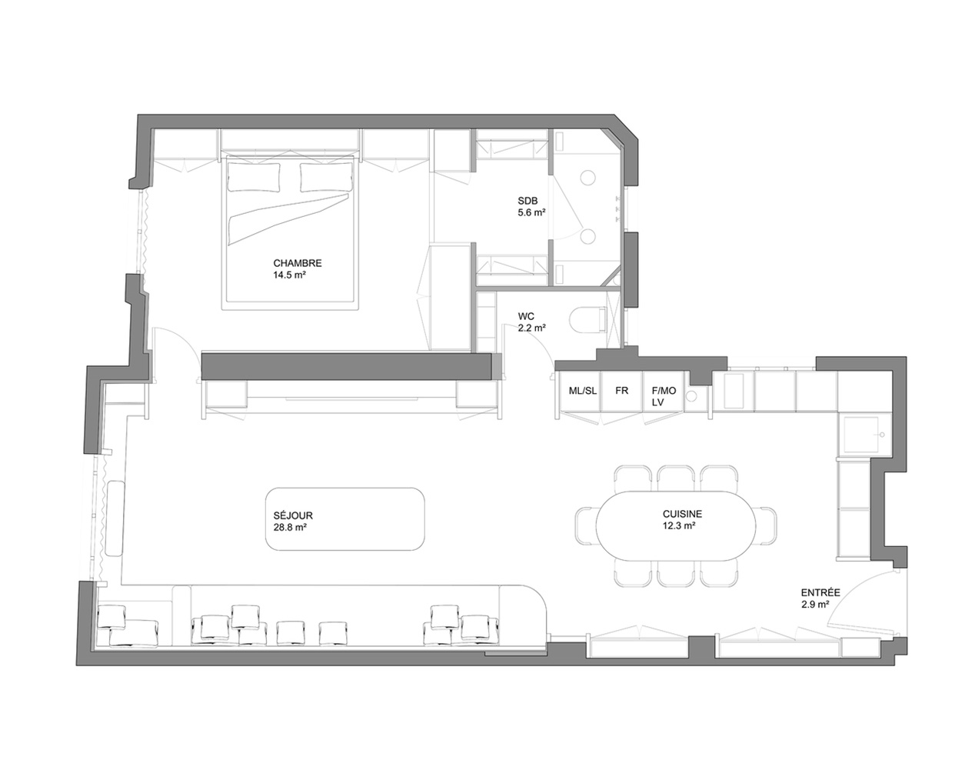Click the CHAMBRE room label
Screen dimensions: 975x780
click(x=298, y=263)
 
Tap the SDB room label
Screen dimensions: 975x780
click(x=527, y=201)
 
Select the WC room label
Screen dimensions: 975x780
click(x=526, y=316)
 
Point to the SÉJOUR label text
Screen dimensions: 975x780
click(x=293, y=515)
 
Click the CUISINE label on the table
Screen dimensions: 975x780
click(x=682, y=514)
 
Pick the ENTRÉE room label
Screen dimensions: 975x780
click(x=820, y=592)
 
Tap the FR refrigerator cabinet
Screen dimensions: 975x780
click(x=621, y=391)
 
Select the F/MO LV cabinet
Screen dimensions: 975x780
click(x=664, y=391)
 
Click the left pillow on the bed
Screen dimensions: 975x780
click(x=254, y=177)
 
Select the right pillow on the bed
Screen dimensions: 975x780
click(x=326, y=177)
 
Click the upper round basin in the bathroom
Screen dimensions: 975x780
click(x=587, y=178)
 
